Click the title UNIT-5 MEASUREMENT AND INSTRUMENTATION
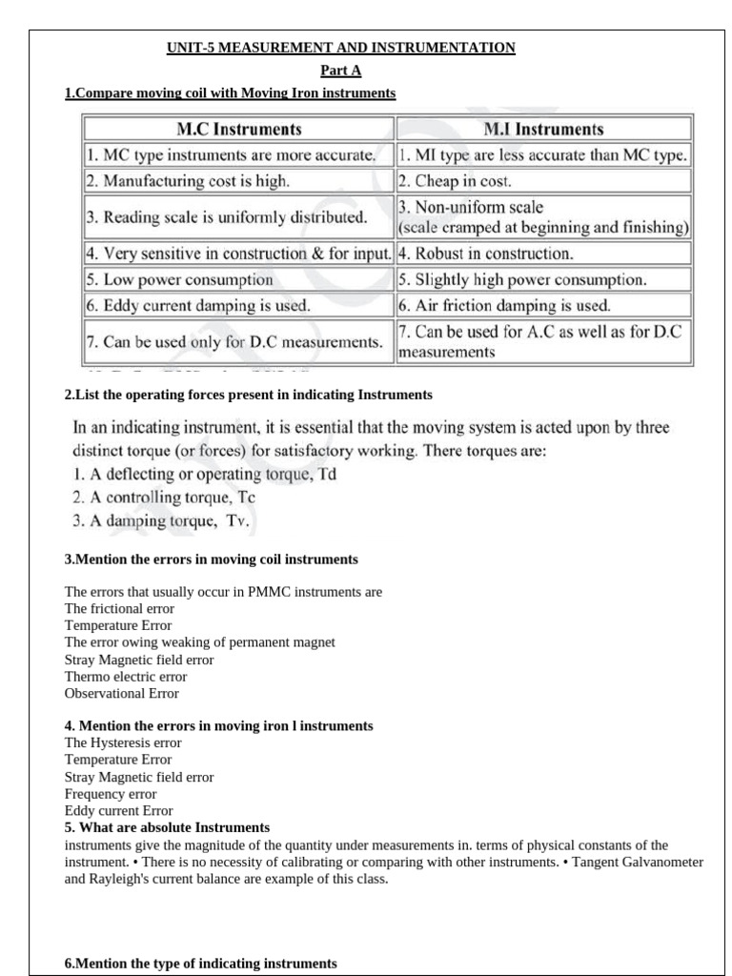point(341,47)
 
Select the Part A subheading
point(341,71)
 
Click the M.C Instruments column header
point(238,129)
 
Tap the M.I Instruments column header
point(543,129)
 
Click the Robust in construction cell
point(485,254)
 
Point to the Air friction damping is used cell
point(504,306)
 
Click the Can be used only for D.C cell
point(234,341)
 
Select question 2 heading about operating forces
point(248,394)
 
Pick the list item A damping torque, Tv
point(161,521)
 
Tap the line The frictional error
point(119,608)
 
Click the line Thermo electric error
point(126,677)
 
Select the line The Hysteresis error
point(123,742)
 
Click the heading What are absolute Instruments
point(167,826)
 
